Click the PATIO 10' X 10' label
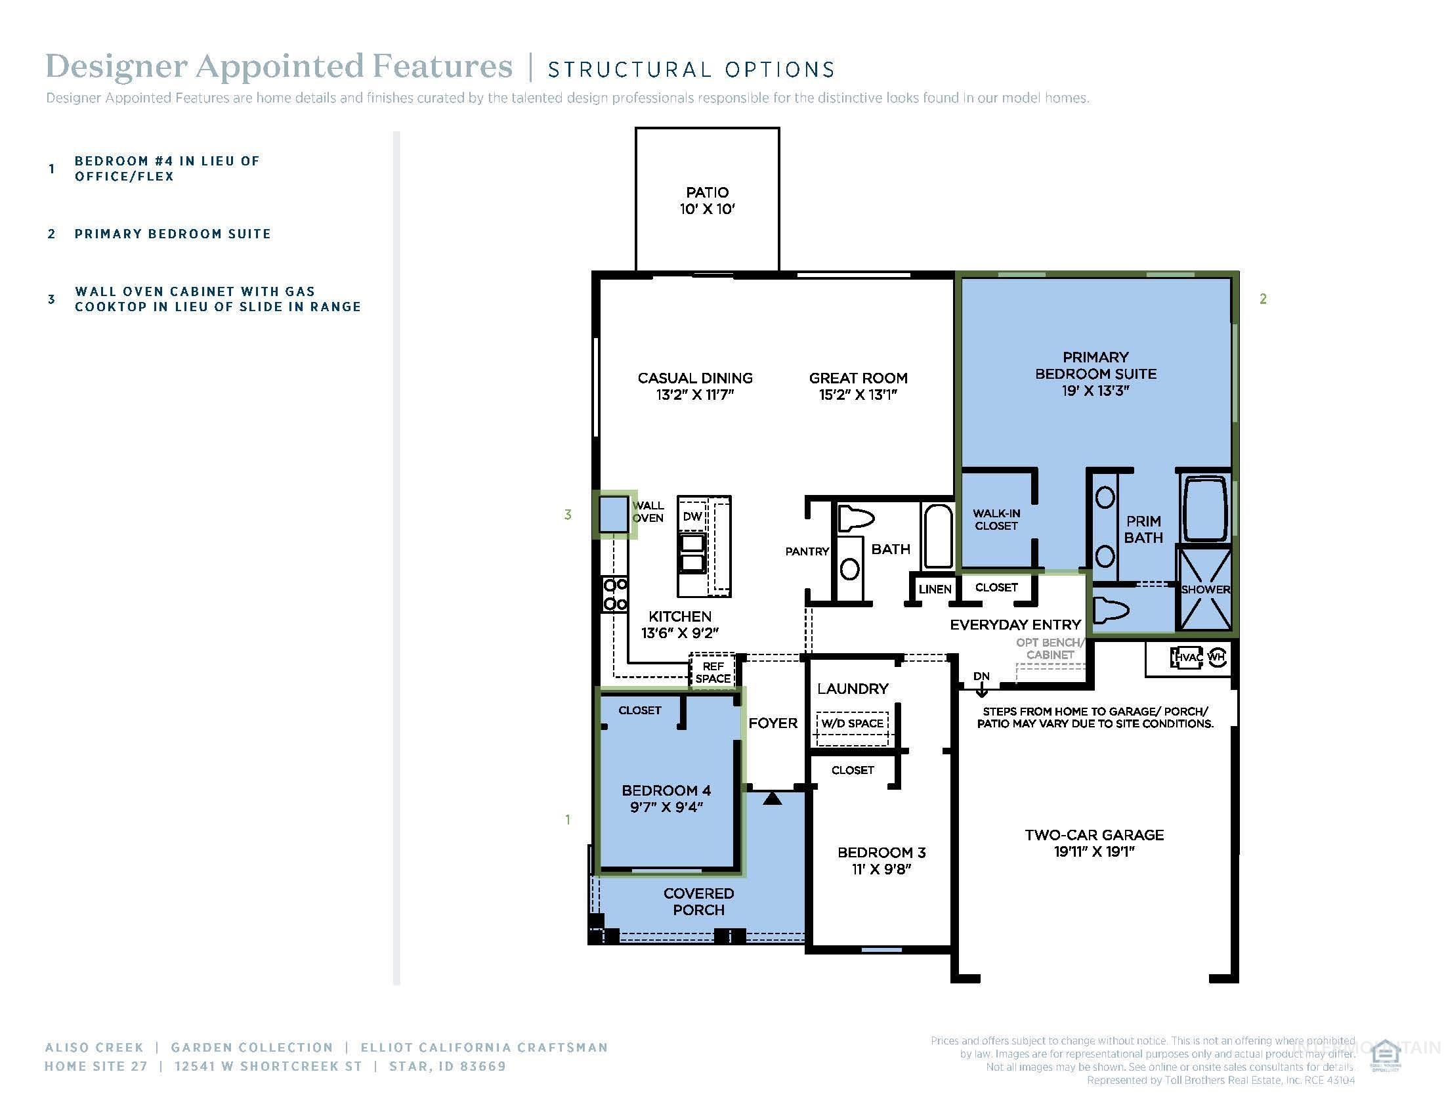(707, 200)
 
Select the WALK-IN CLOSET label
(996, 520)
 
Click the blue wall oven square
(613, 515)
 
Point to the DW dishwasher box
(692, 517)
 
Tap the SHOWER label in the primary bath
(1204, 589)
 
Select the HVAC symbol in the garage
(1187, 657)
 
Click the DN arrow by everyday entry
(981, 687)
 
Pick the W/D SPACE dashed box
(852, 724)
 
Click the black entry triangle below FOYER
(773, 798)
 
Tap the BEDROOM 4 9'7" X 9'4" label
(666, 798)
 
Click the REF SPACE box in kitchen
(712, 672)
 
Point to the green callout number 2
(1263, 299)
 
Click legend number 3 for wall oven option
(52, 299)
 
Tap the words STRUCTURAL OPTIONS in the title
(691, 70)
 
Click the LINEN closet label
(934, 589)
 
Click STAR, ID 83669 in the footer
(448, 1066)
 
